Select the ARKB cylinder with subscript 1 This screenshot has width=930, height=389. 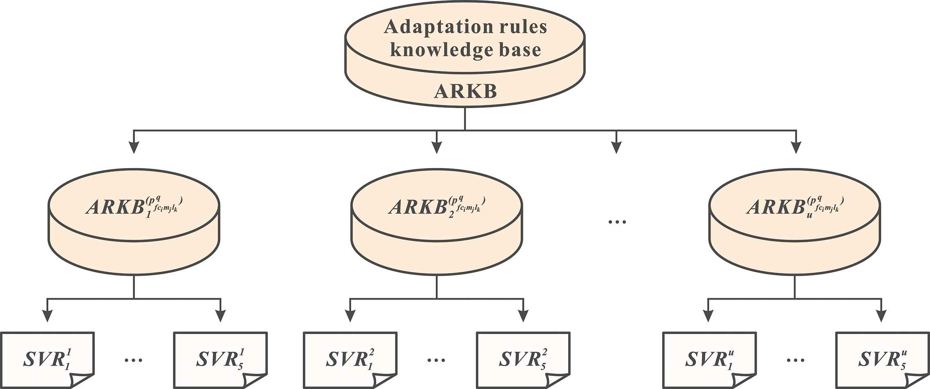[x=134, y=221]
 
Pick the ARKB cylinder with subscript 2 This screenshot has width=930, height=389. [x=436, y=221]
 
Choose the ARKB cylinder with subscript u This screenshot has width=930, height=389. [x=795, y=221]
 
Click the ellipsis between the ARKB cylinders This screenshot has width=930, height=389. [x=617, y=222]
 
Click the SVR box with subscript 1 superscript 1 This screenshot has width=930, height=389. [x=48, y=359]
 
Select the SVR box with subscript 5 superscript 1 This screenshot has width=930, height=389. [x=220, y=359]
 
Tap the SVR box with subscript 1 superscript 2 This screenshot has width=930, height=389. [x=350, y=359]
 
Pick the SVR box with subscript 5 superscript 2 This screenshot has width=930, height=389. [x=523, y=359]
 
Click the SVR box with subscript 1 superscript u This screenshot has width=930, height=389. [x=709, y=359]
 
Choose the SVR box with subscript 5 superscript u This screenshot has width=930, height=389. [x=882, y=359]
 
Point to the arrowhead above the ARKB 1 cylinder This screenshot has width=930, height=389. [x=134, y=148]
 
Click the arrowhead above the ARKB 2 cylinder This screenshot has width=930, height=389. [x=436, y=148]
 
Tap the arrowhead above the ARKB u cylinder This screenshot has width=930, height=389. [x=795, y=148]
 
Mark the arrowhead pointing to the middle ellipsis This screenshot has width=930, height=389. [x=616, y=148]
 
